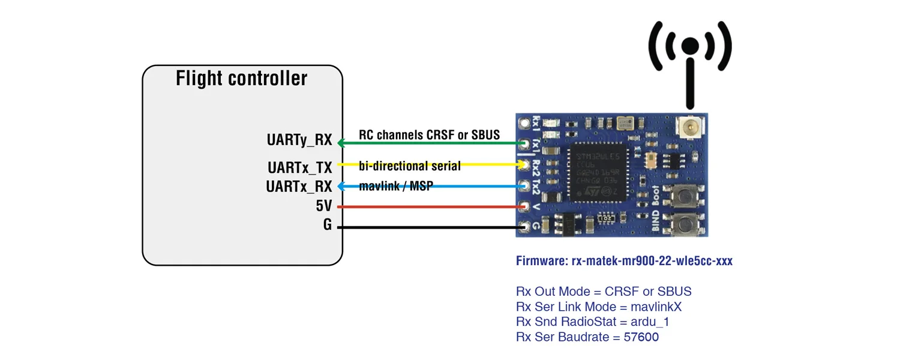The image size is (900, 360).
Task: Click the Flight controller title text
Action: (241, 79)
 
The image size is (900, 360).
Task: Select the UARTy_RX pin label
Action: (299, 140)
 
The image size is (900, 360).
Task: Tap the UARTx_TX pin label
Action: (299, 167)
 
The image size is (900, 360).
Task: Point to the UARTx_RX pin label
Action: (299, 187)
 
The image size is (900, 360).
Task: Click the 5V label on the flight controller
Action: (323, 206)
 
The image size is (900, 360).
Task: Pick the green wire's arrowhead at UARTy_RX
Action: (341, 143)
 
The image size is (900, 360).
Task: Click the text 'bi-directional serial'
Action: (410, 166)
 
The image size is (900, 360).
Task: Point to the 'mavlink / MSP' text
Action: (397, 187)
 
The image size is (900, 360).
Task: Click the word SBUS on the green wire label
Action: (485, 135)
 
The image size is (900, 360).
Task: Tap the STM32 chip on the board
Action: (597, 171)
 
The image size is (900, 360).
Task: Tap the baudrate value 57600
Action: (641, 337)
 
